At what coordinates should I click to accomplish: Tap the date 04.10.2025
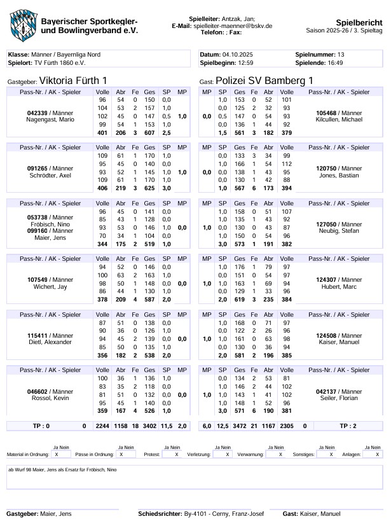[x=238, y=55]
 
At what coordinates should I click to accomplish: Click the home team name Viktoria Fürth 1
[x=73, y=81]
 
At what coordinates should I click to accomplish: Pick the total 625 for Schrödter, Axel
[x=149, y=188]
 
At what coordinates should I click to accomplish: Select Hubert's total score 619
[x=240, y=299]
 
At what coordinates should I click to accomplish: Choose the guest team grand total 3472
[x=240, y=425]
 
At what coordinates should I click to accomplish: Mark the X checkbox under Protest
[x=176, y=455]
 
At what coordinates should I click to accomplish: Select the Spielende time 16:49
[x=336, y=63]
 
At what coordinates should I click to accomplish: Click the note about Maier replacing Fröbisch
[x=62, y=469]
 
